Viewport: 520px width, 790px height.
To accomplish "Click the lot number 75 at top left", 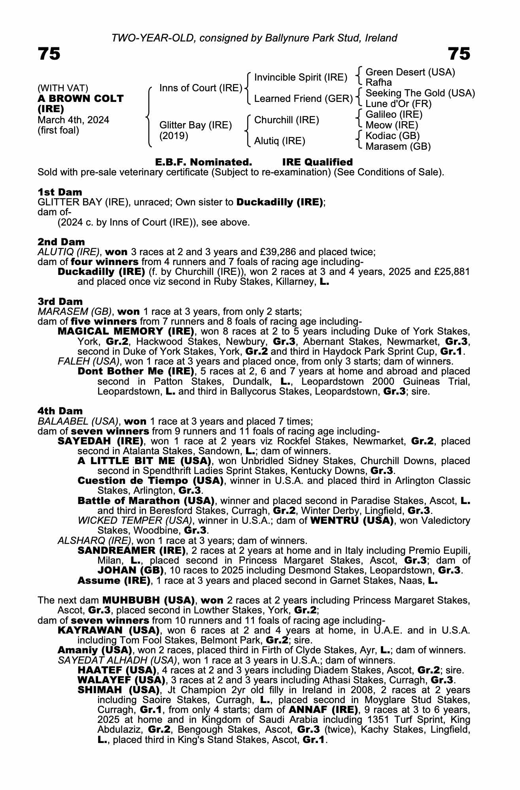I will pos(49,54).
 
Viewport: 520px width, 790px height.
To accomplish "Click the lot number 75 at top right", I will pos(459,54).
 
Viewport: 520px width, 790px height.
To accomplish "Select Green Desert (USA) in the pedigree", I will pos(410,72).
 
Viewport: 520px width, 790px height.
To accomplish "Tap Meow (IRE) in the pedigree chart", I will pos(391,125).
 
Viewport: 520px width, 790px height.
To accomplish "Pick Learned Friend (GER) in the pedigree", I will pos(303,98).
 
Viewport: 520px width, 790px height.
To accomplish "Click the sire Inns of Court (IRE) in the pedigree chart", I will pos(200,88).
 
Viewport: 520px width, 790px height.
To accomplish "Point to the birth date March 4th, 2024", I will pos(73,120).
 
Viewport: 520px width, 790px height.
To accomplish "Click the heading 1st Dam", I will pos(60,192).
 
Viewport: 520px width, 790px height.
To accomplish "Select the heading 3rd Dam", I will pos(60,301).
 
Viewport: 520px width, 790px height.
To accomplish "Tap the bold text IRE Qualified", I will pos(317,162).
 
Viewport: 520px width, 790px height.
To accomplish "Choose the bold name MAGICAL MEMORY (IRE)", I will pos(126,331).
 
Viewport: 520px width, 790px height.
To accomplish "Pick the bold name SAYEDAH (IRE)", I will pos(100,441).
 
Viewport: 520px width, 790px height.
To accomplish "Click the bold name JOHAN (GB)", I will pos(130,570).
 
